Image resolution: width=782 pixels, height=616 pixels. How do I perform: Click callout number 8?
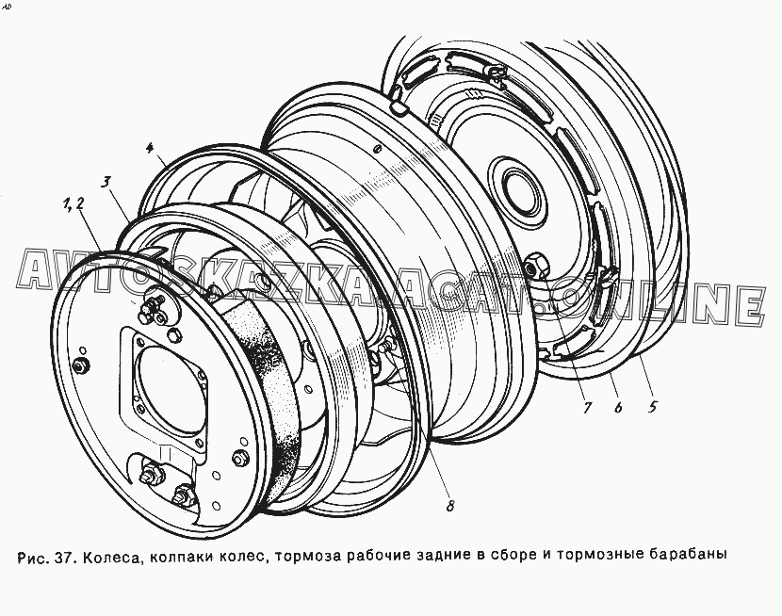pyautogui.click(x=449, y=506)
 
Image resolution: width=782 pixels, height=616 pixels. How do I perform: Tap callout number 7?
pyautogui.click(x=586, y=408)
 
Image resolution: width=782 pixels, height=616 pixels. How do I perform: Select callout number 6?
pyautogui.click(x=618, y=408)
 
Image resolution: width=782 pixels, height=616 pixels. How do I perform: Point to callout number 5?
pyautogui.click(x=652, y=407)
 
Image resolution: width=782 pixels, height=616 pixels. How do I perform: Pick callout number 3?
pyautogui.click(x=106, y=183)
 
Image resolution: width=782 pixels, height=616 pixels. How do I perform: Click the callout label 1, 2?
pyautogui.click(x=73, y=203)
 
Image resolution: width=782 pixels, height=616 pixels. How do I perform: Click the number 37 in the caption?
pyautogui.click(x=65, y=555)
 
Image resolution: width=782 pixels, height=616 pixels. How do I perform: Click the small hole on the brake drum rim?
pyautogui.click(x=378, y=149)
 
